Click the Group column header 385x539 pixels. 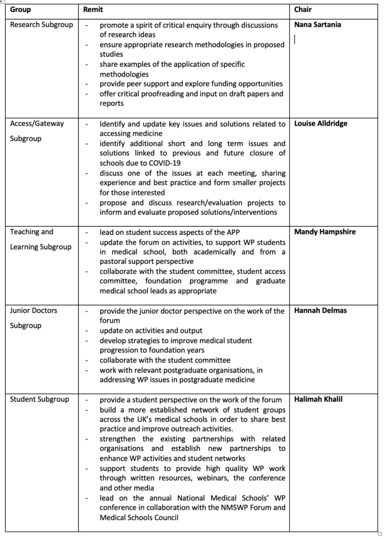click(x=21, y=10)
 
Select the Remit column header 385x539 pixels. click(x=93, y=10)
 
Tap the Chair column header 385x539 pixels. click(x=303, y=10)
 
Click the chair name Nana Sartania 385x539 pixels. click(x=318, y=25)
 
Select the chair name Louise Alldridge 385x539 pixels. click(x=321, y=124)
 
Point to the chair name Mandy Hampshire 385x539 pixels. click(x=325, y=232)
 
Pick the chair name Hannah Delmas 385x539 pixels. click(x=320, y=311)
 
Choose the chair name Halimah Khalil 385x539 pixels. click(x=318, y=400)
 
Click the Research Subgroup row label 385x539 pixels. click(x=42, y=25)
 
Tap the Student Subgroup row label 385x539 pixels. click(x=40, y=400)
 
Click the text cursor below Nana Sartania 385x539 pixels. click(x=295, y=39)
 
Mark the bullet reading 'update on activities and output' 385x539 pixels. click(x=151, y=331)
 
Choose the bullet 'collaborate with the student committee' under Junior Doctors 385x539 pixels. click(x=165, y=360)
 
